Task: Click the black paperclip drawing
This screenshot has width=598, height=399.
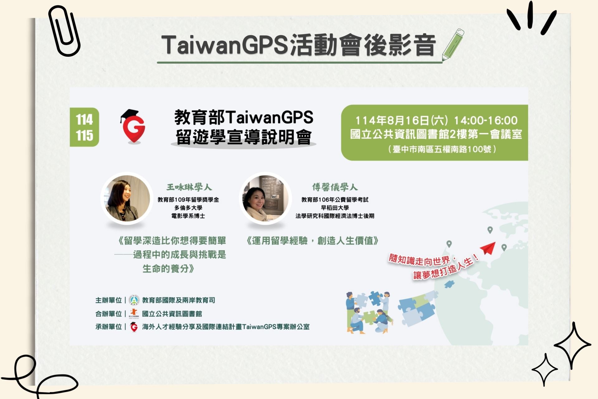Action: [x=64, y=31]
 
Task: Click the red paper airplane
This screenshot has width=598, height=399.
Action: [x=488, y=248]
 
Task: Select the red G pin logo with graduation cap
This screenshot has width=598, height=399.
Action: [x=133, y=126]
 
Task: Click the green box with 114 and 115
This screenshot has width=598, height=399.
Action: [x=84, y=127]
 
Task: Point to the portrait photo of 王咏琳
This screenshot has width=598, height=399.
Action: [x=127, y=198]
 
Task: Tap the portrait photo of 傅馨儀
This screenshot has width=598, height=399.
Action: [x=265, y=198]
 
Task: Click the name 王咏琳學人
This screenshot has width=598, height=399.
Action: [x=189, y=187]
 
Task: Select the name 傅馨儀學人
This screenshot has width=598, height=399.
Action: [x=335, y=187]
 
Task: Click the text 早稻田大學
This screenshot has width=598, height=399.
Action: [x=335, y=208]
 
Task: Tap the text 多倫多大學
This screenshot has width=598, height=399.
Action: [x=188, y=208]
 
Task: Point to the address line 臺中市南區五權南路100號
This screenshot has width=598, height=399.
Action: [x=442, y=149]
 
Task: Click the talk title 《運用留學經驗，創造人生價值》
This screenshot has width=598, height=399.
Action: [x=312, y=241]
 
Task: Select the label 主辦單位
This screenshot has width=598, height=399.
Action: [x=108, y=300]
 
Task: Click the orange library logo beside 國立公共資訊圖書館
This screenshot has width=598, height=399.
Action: [x=134, y=313]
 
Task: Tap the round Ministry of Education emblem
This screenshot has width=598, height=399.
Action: [x=134, y=300]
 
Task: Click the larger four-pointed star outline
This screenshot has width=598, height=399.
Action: [x=572, y=345]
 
